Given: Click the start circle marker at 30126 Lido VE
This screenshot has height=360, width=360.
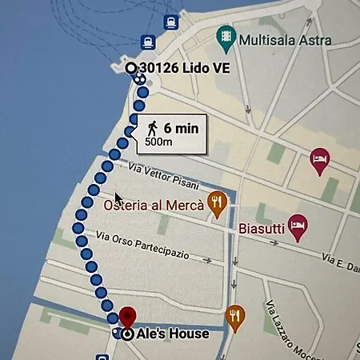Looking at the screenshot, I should click(131, 69).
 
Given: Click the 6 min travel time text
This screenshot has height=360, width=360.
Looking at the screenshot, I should click(181, 128).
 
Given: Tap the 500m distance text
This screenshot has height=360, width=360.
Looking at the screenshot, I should click(158, 142).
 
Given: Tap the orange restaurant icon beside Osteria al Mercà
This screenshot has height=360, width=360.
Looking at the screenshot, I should click(216, 204).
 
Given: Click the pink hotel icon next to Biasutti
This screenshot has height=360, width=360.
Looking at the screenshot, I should click(298, 223).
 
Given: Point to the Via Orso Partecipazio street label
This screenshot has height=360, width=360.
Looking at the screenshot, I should click(142, 245).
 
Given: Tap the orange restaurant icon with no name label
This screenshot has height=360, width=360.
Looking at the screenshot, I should click(234, 316).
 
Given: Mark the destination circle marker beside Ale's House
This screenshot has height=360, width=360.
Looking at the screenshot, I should click(127, 334).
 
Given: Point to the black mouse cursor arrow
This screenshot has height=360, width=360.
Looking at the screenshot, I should click(118, 198).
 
